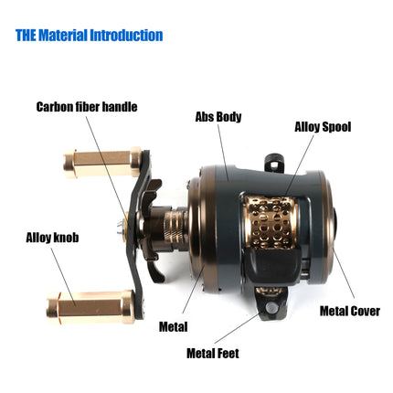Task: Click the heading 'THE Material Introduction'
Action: (x=89, y=35)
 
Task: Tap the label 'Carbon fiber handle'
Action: (x=87, y=107)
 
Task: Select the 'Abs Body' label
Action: (x=218, y=117)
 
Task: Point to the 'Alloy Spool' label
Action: (x=323, y=127)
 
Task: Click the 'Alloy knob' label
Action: (x=52, y=238)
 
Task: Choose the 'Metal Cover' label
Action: (x=350, y=311)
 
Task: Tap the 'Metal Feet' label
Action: (x=213, y=354)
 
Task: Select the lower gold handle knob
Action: (x=90, y=307)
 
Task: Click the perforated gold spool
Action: (x=270, y=221)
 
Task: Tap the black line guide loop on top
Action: (x=275, y=161)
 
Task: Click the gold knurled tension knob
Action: (x=175, y=226)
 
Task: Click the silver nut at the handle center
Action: (x=120, y=228)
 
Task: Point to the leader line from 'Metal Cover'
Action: (x=344, y=273)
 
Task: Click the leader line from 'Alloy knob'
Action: (x=63, y=277)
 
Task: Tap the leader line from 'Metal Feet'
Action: (x=237, y=328)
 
